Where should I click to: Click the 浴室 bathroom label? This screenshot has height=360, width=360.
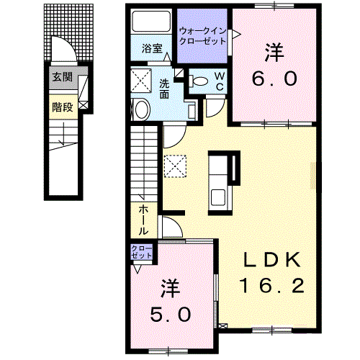coord(152,50)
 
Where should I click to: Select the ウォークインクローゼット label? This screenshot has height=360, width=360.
coord(203,36)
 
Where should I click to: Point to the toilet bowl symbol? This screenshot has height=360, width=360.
coord(200,81)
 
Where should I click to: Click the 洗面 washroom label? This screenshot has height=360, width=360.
coord(165,88)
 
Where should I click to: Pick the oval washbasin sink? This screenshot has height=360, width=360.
coord(141,110)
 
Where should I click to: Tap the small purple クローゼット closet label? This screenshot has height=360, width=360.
coord(140,252)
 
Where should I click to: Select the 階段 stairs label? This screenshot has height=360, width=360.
coord(62,107)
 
